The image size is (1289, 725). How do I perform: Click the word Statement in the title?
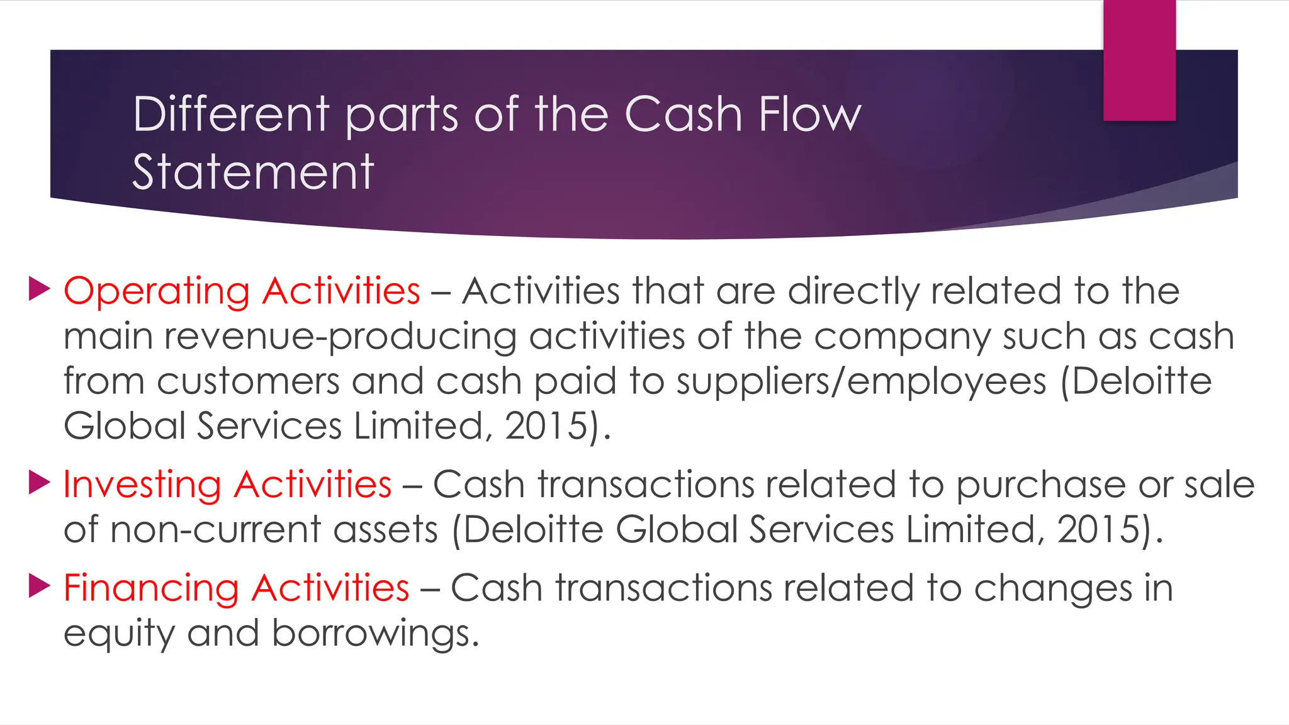(253, 172)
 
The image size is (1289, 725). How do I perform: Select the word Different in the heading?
(231, 115)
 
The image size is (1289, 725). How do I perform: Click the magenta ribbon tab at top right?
(1139, 60)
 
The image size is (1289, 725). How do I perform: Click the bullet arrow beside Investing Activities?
(40, 483)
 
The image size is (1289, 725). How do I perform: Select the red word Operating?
(157, 292)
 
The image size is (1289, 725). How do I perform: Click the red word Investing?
(142, 485)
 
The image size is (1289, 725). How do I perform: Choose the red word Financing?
(151, 589)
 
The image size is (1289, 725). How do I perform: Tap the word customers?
(248, 382)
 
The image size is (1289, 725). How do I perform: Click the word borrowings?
(375, 633)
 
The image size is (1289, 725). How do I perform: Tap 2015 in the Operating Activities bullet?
(546, 426)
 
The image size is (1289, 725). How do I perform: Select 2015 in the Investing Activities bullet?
(1098, 529)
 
